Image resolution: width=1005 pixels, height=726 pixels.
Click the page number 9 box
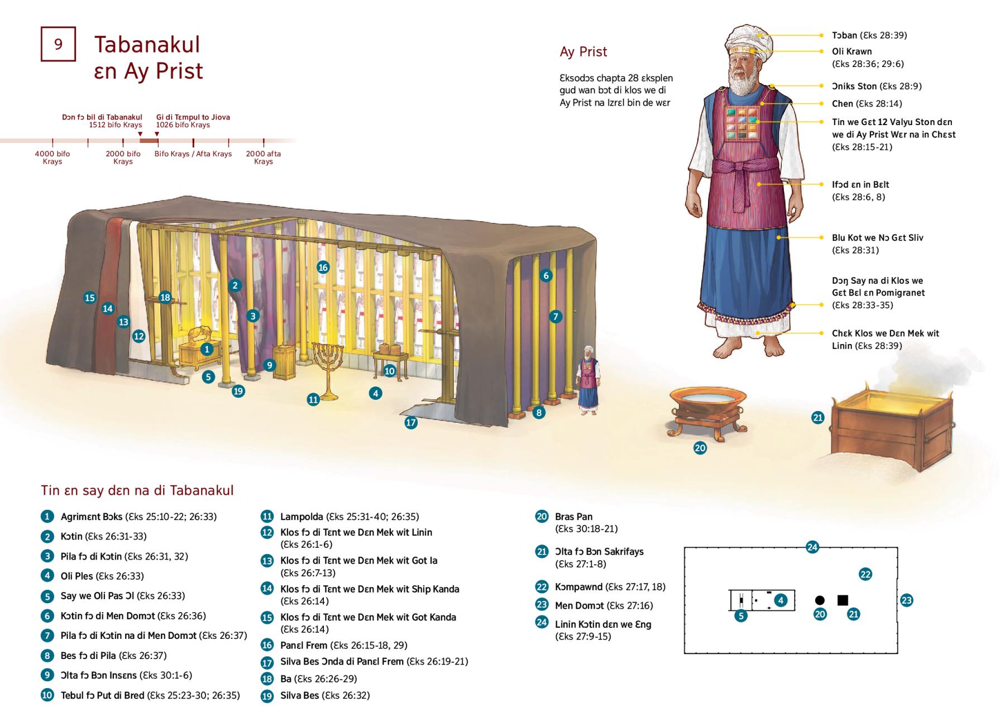click(58, 44)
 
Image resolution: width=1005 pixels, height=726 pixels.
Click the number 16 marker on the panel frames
click(323, 268)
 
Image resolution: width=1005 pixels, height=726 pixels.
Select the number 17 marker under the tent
click(411, 423)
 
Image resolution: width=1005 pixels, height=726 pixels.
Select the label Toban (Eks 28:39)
click(869, 35)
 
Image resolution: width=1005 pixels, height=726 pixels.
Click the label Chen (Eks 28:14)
click(867, 103)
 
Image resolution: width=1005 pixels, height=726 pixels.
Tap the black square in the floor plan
click(843, 600)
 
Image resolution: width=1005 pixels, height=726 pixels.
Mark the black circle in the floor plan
click(820, 600)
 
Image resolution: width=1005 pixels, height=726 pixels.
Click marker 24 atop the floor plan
click(812, 547)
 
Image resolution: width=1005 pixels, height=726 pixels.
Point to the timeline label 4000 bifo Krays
click(52, 157)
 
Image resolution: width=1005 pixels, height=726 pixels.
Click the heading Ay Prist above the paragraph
click(583, 52)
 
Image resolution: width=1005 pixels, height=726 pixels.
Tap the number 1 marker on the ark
click(207, 350)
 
